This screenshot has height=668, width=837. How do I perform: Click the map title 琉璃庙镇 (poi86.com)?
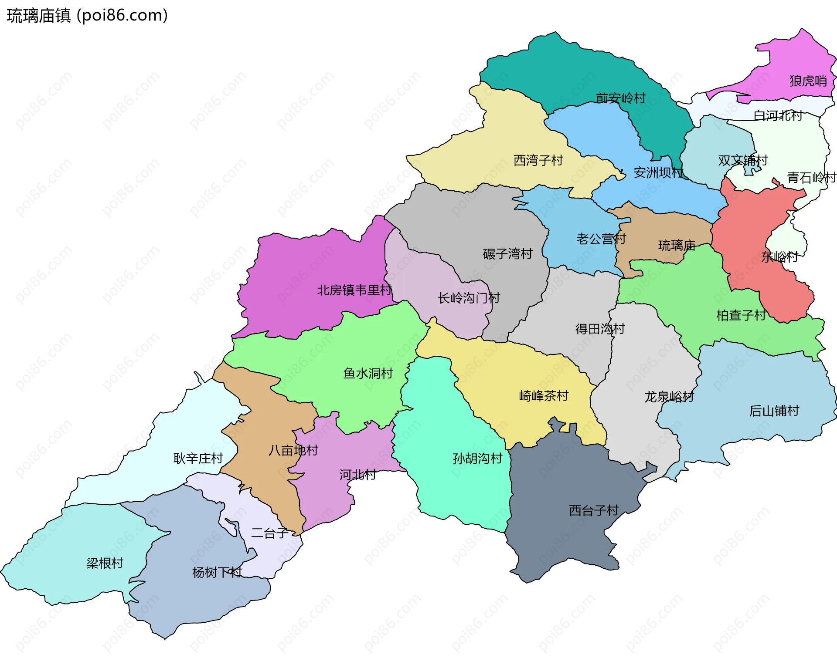tap(87, 16)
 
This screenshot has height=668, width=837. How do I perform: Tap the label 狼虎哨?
tap(808, 81)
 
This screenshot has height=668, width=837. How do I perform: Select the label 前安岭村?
tap(621, 98)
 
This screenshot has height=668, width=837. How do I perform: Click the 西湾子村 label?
tap(538, 161)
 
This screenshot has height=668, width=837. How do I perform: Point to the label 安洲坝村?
tap(658, 173)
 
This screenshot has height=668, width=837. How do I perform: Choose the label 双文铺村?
tap(742, 161)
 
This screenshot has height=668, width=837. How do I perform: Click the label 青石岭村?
tap(811, 178)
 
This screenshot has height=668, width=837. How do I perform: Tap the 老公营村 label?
tap(601, 239)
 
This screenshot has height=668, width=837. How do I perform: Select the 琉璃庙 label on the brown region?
tap(677, 246)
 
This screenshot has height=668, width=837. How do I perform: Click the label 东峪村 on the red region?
tap(779, 257)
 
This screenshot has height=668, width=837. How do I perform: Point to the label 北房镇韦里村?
tap(354, 290)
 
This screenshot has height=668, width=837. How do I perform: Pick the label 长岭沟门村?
tap(469, 298)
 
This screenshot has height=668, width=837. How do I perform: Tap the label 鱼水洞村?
tap(368, 374)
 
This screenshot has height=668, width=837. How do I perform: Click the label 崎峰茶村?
tap(544, 396)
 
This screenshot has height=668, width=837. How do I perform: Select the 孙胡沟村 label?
tap(477, 459)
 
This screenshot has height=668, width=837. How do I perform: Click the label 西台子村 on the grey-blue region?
tap(594, 510)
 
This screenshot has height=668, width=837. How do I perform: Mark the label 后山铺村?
tap(774, 411)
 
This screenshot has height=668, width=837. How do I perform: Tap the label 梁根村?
tap(105, 563)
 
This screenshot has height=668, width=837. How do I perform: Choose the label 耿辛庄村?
tap(198, 459)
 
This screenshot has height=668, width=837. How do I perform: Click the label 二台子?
tap(270, 533)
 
